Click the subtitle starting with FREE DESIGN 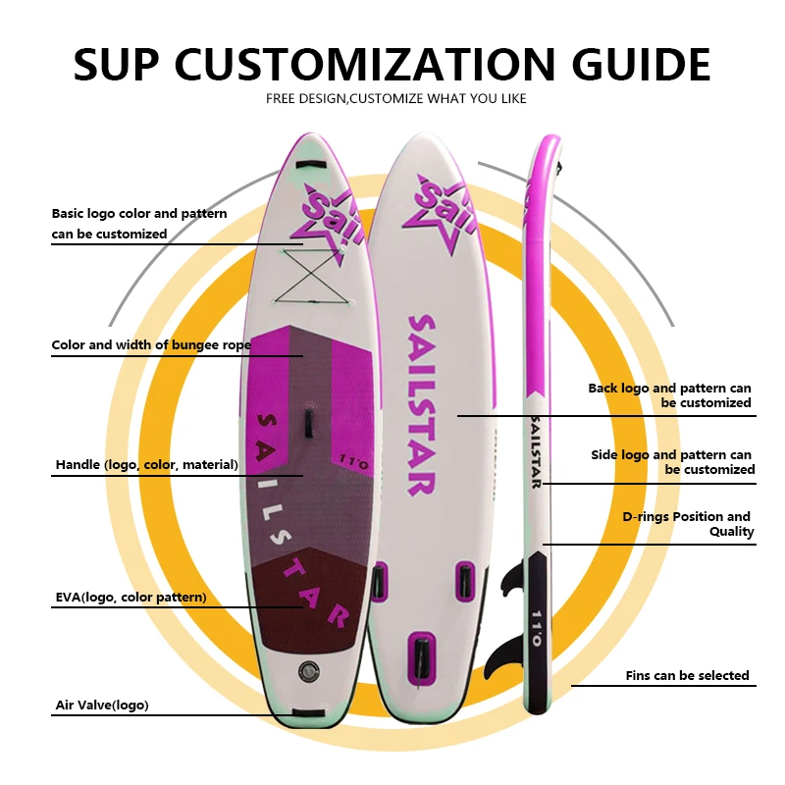(396, 98)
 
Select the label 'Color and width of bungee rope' (151, 345)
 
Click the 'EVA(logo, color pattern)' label (131, 597)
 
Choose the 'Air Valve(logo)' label (102, 705)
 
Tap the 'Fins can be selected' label (687, 676)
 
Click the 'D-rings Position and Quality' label (687, 524)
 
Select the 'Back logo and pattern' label (670, 395)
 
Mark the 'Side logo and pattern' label (672, 462)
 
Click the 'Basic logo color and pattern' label (139, 224)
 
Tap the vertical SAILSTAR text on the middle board (422, 404)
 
